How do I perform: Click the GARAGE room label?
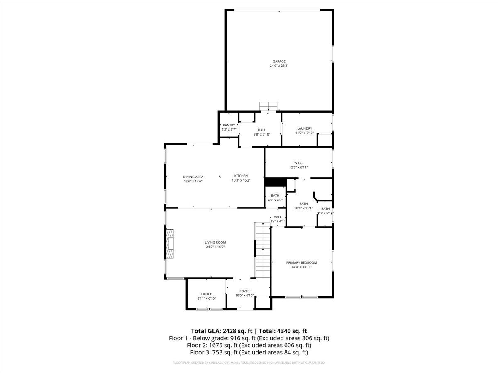click(279, 61)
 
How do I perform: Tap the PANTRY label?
click(229, 125)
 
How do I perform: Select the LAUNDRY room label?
click(304, 129)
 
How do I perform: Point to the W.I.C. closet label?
click(298, 163)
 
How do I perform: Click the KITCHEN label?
click(241, 176)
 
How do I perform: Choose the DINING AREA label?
click(193, 177)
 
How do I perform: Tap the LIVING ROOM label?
click(215, 242)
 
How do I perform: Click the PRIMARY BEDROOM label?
click(301, 262)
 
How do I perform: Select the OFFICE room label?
click(206, 294)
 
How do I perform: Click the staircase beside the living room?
click(262, 250)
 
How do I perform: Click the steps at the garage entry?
click(268, 107)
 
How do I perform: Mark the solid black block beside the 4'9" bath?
click(273, 182)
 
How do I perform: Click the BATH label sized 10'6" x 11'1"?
click(303, 203)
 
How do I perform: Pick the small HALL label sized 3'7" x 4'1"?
click(277, 217)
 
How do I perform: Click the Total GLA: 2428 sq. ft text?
click(222, 331)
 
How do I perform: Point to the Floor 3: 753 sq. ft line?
click(249, 352)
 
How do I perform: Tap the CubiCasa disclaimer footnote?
click(249, 363)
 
